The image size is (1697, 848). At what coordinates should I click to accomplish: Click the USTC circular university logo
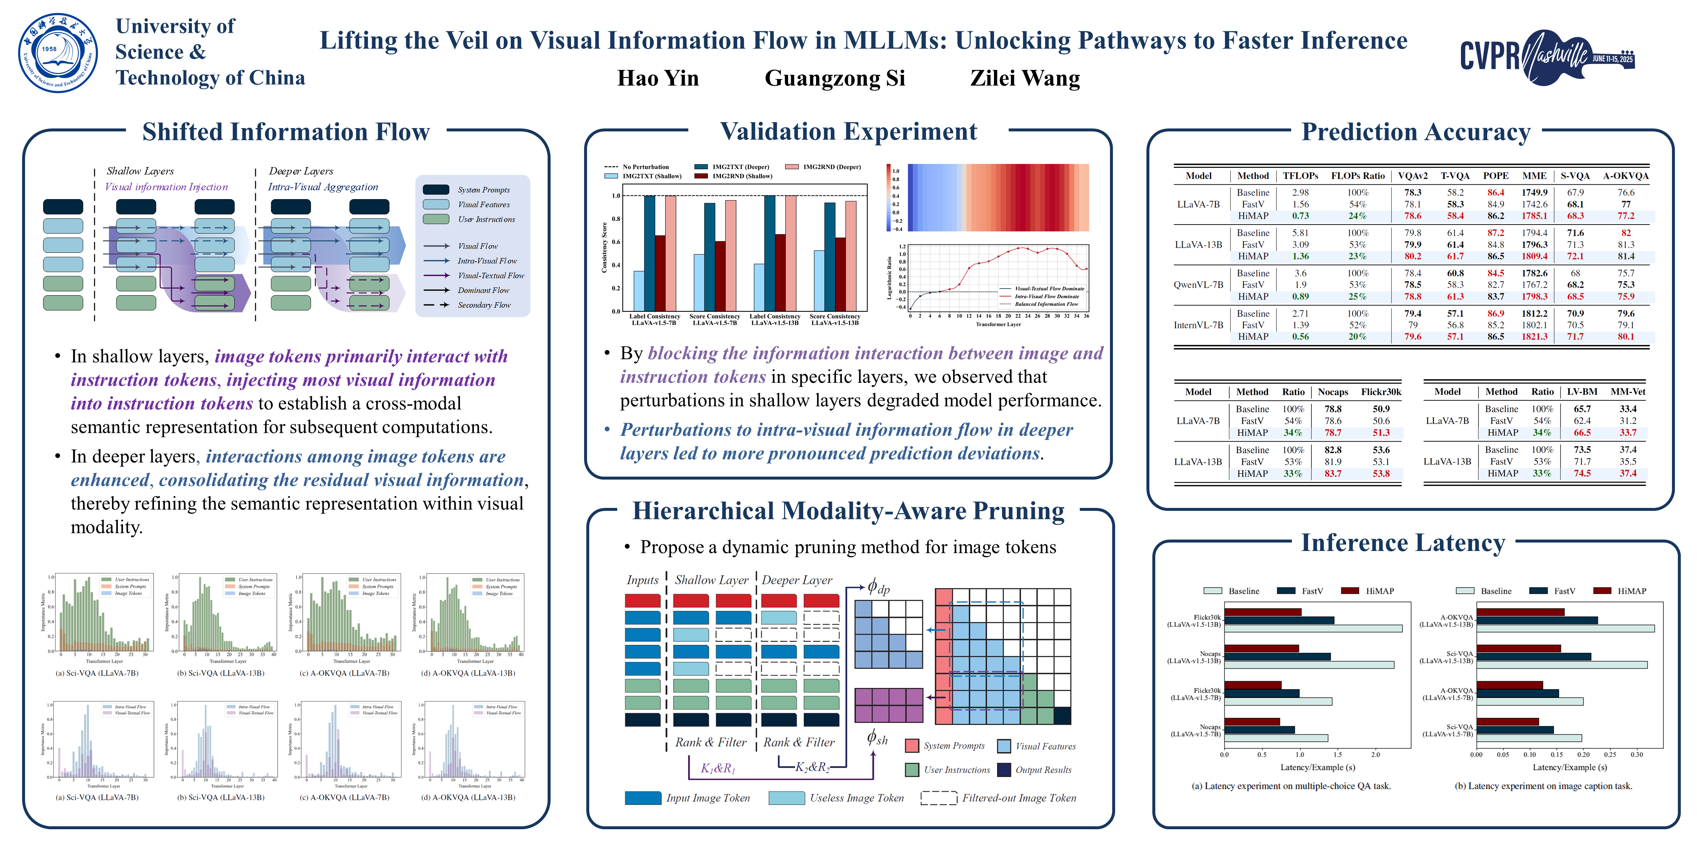pyautogui.click(x=58, y=53)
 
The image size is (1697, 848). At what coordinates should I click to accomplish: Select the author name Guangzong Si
pyautogui.click(x=835, y=78)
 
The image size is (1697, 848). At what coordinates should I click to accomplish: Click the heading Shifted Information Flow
pyautogui.click(x=286, y=132)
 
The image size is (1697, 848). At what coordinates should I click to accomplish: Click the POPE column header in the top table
pyautogui.click(x=1496, y=176)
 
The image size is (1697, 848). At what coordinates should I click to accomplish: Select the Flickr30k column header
pyautogui.click(x=1381, y=392)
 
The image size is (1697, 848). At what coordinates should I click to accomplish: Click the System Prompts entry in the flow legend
pyautogui.click(x=484, y=190)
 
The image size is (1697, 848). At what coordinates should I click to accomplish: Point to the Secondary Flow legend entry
pyautogui.click(x=484, y=305)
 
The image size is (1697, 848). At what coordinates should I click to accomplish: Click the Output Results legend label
pyautogui.click(x=1043, y=770)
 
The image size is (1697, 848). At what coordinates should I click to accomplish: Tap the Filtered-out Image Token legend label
pyautogui.click(x=1019, y=798)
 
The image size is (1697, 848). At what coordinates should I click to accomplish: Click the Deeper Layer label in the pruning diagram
pyautogui.click(x=797, y=580)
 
